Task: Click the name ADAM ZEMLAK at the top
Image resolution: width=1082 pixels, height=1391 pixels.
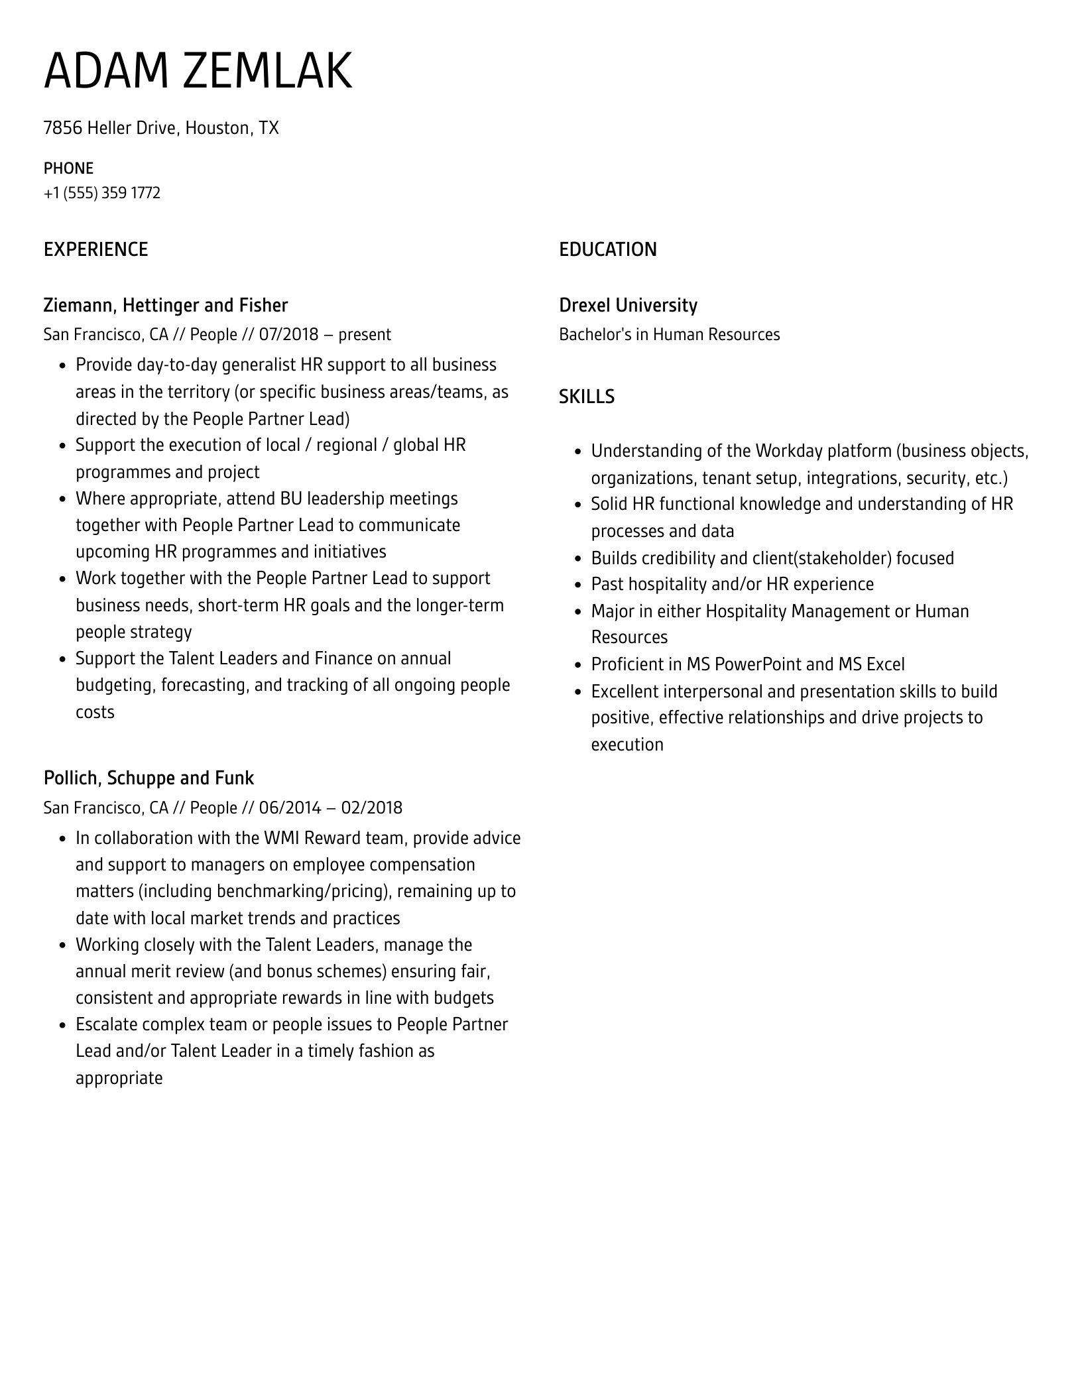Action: pyautogui.click(x=198, y=72)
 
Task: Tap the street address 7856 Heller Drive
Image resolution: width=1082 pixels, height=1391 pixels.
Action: pyautogui.click(x=111, y=128)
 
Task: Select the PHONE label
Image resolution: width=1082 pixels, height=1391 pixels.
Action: pyautogui.click(x=68, y=168)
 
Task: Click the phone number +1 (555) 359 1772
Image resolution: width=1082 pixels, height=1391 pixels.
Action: pyautogui.click(x=102, y=193)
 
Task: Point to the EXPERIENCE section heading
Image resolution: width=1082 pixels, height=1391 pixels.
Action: pyautogui.click(x=95, y=249)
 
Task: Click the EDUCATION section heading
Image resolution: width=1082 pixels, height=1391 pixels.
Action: pyautogui.click(x=607, y=249)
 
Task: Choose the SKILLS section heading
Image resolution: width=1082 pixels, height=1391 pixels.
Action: pyautogui.click(x=586, y=396)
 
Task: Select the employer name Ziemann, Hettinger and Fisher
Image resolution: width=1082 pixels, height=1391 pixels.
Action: pyautogui.click(x=165, y=306)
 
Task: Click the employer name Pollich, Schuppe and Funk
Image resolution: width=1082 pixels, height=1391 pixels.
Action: pyautogui.click(x=149, y=778)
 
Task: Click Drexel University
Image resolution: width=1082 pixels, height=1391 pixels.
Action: pyautogui.click(x=628, y=306)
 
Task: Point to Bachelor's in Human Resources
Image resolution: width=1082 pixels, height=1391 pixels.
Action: pyautogui.click(x=669, y=334)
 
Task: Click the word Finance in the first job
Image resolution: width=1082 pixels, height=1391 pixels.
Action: pyautogui.click(x=343, y=658)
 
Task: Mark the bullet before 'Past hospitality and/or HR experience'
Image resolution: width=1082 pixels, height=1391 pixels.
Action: pyautogui.click(x=577, y=585)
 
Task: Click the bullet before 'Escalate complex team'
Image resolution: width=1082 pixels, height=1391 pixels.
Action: pyautogui.click(x=62, y=1025)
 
